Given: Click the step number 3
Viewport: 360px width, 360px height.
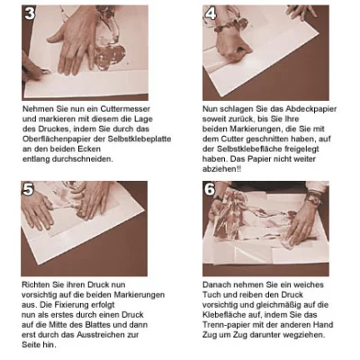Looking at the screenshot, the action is coord(30,13).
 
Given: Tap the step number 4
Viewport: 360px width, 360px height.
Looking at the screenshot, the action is coord(211,13).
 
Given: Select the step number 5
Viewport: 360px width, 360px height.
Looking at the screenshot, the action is coord(28,189).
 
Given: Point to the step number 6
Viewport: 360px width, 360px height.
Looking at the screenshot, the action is coord(210,189).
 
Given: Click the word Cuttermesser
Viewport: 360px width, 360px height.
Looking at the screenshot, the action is coord(125,109).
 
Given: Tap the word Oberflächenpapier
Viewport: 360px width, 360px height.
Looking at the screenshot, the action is coord(55,139).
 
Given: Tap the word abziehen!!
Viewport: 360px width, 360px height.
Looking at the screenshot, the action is coord(221,169).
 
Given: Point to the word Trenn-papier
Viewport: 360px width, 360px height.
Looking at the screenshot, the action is coord(225,325).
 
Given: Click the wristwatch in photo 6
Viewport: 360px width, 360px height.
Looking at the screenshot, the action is coord(313,198).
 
